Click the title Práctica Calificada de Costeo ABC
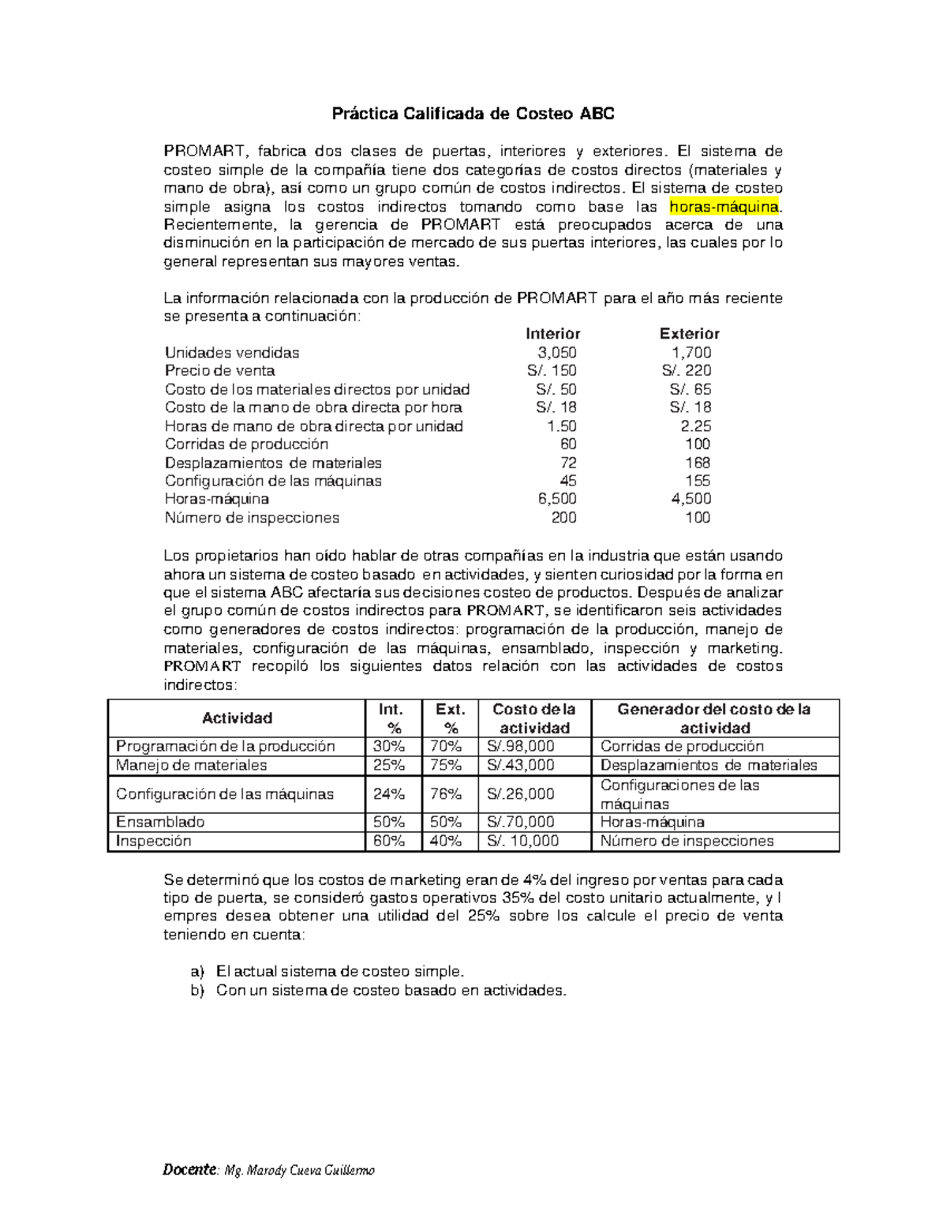coord(473,114)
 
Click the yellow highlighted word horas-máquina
coord(724,207)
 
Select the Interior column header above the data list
coord(552,333)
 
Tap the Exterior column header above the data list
coord(689,333)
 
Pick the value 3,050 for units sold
coord(556,352)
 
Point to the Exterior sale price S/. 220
coord(687,370)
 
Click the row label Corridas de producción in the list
coord(246,444)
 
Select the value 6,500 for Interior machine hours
coord(556,499)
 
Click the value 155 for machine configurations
coord(698,481)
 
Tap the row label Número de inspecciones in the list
coord(252,518)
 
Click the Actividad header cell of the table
coord(237,718)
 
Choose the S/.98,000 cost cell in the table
coord(522,746)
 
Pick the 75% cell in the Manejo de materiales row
coord(446,765)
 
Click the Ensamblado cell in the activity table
coord(160,822)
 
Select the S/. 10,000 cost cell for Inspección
coord(523,841)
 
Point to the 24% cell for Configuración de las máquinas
coord(389,793)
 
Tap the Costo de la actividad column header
coord(534,718)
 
